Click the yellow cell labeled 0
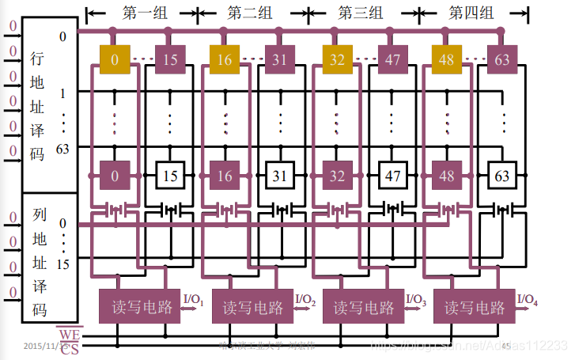pos(114,59)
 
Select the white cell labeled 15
pos(170,175)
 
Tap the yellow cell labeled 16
pos(225,59)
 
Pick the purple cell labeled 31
pos(280,59)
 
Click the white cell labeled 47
pos(392,175)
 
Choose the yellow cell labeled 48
pos(446,59)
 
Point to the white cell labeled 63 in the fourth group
pos(502,175)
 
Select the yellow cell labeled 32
pos(336,59)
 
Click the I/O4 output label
pos(528,299)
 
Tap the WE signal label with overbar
pos(69,335)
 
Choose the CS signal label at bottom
pos(69,348)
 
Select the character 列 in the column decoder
pos(39,214)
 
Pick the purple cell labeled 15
pos(170,59)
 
